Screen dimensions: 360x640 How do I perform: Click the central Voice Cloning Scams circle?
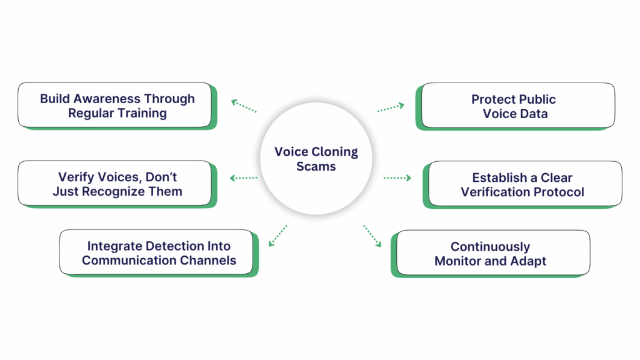[316, 159]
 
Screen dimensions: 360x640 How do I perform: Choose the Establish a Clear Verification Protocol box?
[522, 184]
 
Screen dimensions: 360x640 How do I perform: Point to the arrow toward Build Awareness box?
[244, 106]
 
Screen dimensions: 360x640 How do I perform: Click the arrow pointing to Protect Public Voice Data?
[391, 107]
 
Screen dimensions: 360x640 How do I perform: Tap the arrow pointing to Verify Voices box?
[244, 178]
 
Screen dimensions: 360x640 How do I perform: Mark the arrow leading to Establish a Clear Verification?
[397, 178]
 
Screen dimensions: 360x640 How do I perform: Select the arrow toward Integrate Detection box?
[276, 236]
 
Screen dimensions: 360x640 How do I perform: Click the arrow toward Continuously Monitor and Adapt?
[372, 236]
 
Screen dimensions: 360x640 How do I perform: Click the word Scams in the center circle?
[316, 167]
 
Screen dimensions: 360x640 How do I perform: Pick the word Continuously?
[490, 246]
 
